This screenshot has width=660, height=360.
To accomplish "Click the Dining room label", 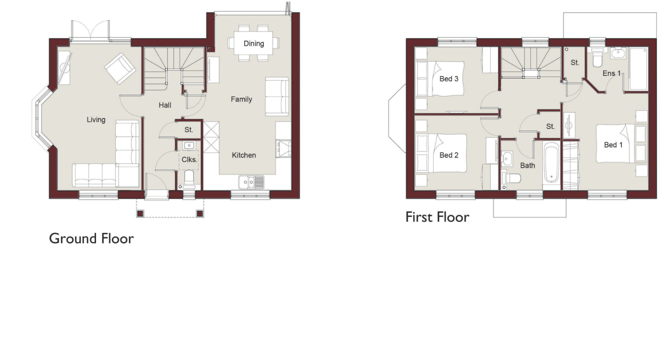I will [254, 44].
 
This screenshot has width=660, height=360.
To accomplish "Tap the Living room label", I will [96, 120].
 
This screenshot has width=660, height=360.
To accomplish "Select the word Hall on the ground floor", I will [165, 105].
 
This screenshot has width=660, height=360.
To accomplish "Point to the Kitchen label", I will [244, 155].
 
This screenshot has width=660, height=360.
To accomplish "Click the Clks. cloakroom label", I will [189, 160].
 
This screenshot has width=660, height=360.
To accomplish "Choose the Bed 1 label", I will [613, 145].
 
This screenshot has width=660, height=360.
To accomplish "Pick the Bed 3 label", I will [449, 79].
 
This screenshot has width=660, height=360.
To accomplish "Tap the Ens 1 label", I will [611, 73].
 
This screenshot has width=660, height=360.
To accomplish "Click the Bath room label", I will [528, 166].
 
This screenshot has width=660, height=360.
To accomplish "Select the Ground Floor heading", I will [91, 239].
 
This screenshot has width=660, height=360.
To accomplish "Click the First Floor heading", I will [437, 217].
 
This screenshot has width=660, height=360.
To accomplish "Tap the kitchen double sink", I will [251, 182].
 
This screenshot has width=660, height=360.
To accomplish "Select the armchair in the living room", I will [120, 69].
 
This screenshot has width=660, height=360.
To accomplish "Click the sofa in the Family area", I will [277, 97].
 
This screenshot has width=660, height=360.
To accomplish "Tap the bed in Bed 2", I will [442, 153].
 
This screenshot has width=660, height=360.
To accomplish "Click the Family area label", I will [241, 99].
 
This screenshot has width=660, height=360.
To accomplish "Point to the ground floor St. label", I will [189, 130].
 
